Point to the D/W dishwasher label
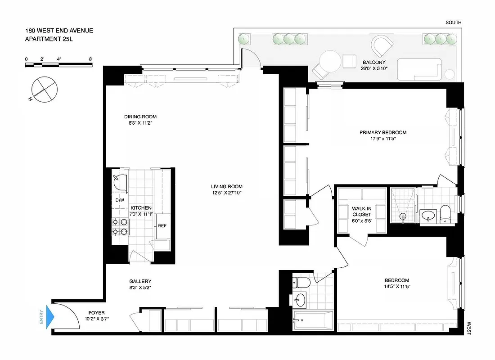click(x=120, y=200)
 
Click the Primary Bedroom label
click(x=382, y=132)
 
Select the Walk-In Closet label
click(x=362, y=211)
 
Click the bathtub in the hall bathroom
click(x=312, y=320)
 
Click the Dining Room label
click(x=140, y=117)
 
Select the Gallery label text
click(x=140, y=281)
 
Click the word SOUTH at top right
click(x=453, y=22)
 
